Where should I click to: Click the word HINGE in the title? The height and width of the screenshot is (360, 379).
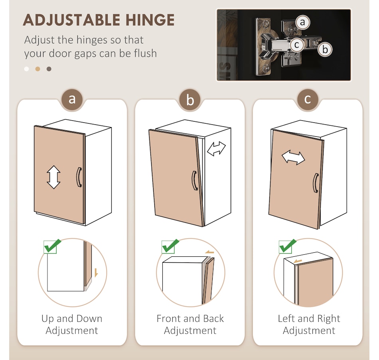pos(150,20)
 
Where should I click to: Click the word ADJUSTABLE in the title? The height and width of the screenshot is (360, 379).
pos(71,20)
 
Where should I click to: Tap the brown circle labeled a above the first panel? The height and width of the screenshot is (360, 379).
pos(72,99)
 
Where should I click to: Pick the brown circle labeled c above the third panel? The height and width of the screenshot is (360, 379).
pos(308,99)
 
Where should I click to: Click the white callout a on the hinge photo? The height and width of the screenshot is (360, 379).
pos(302,22)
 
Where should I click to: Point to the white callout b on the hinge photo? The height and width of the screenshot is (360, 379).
pos(325,49)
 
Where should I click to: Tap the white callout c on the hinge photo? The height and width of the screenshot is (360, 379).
pos(296,45)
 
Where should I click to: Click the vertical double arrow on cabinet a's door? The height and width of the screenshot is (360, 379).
pos(53,177)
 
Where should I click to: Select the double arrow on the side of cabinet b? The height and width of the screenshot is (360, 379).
pos(216,149)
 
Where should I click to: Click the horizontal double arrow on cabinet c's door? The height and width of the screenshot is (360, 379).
pos(293,157)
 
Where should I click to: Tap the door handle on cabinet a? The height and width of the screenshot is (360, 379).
pos(79,177)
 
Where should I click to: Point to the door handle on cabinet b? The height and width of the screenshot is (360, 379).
pos(195,181)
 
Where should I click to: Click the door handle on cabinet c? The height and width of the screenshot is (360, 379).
pos(316,183)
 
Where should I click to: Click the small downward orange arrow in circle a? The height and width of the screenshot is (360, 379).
pos(96,273)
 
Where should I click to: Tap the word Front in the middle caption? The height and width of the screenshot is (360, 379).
pos(169,319)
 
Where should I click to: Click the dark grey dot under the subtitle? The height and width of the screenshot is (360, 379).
pos(49,69)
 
